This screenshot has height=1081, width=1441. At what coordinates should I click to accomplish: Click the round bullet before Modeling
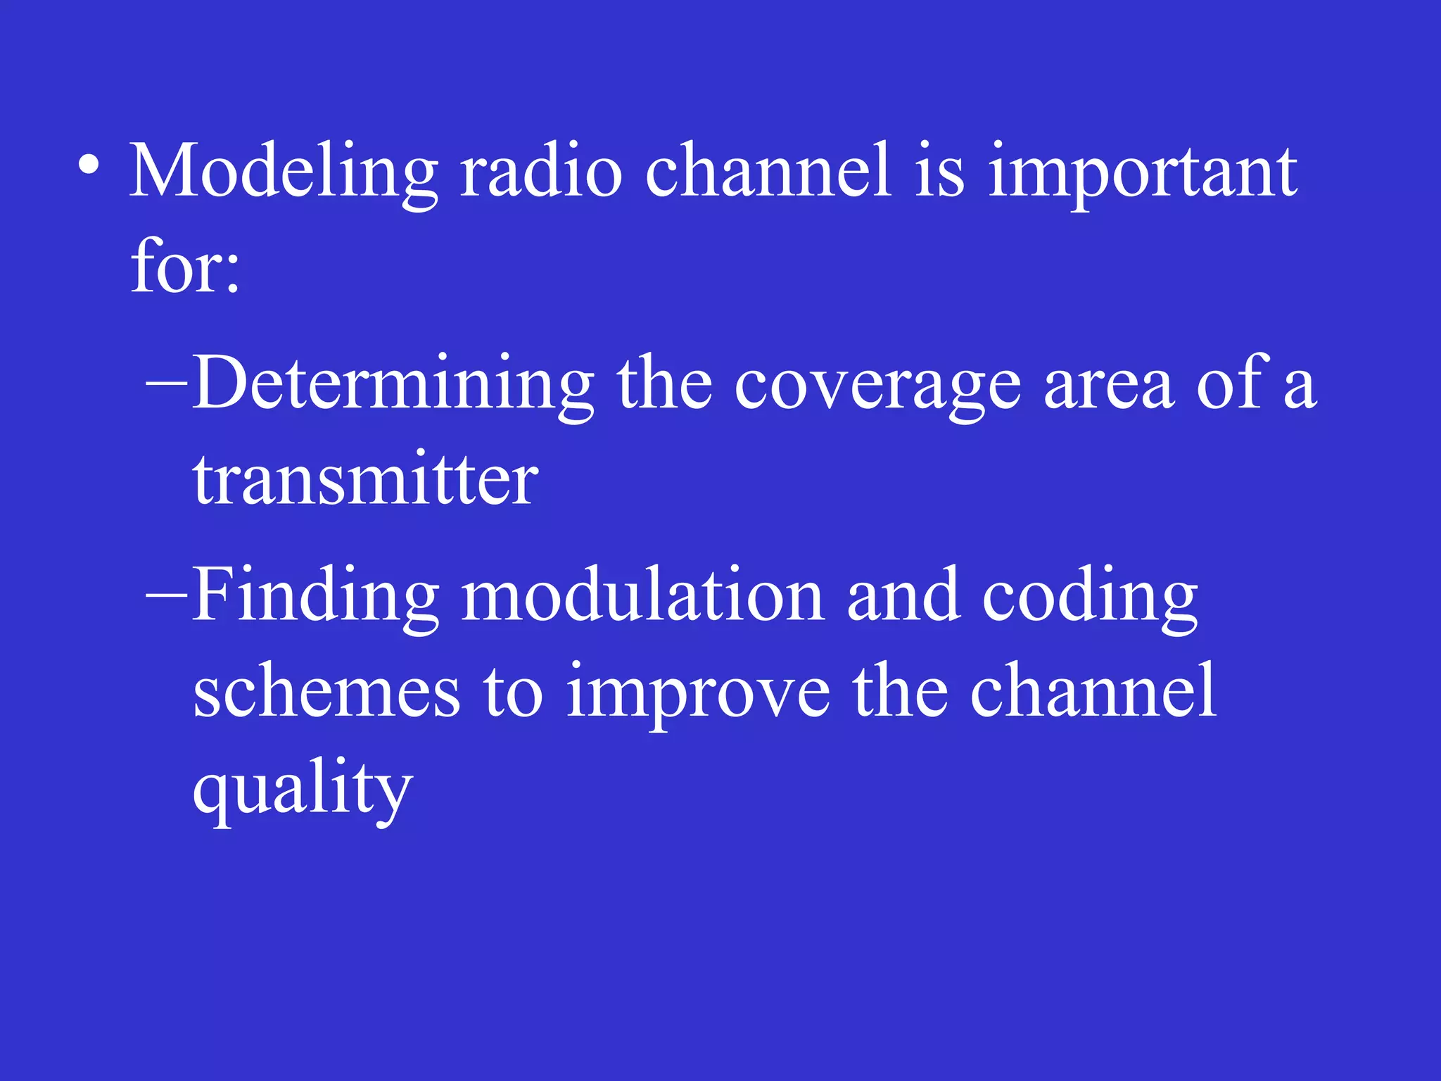(89, 166)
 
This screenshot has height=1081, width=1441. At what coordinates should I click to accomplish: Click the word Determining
(393, 385)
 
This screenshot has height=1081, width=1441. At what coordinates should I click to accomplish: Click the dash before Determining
(166, 384)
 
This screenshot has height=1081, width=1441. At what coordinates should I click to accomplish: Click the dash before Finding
(166, 595)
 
